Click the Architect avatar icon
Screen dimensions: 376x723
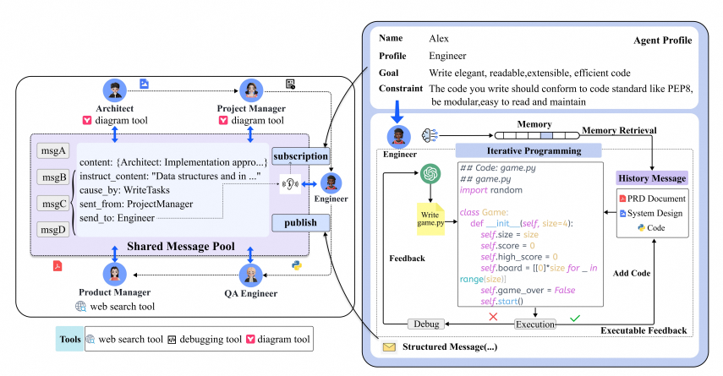coord(115,90)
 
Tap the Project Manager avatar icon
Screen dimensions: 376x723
coord(251,90)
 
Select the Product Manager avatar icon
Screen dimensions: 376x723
coord(115,275)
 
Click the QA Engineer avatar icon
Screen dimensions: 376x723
coord(251,275)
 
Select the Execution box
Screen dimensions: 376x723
coord(535,324)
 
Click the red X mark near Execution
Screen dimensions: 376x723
coord(493,316)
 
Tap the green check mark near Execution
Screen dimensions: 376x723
coord(575,317)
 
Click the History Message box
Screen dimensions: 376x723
coord(652,178)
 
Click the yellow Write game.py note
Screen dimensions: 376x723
coord(430,218)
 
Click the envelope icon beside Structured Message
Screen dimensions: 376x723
coord(389,347)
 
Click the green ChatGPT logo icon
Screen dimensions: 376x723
coord(431,173)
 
